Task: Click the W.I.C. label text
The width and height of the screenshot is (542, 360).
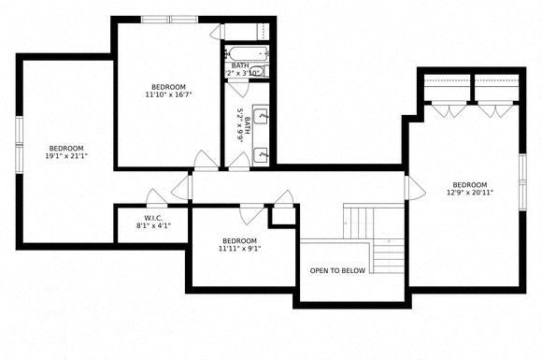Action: tap(153, 216)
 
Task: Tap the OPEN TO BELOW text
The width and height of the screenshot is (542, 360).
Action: tap(337, 271)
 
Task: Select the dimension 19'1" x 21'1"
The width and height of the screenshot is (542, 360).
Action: tap(66, 156)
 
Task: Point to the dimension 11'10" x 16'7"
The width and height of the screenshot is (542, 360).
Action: tap(170, 94)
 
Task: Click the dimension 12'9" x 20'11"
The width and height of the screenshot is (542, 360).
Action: tap(470, 193)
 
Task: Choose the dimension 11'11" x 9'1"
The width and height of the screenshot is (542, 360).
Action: tap(239, 249)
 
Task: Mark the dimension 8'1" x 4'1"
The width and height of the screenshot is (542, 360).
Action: tap(153, 225)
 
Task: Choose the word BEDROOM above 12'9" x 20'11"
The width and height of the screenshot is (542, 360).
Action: tap(470, 184)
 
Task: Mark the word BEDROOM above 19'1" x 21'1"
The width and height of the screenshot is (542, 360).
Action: tap(66, 148)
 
